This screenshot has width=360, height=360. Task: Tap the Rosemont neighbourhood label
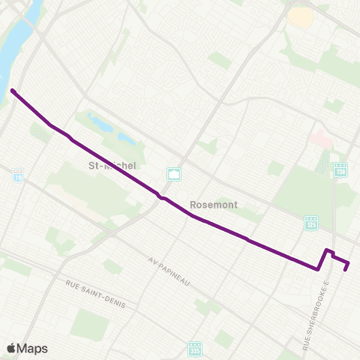(x=214, y=203)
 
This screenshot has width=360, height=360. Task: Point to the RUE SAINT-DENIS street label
(x=96, y=295)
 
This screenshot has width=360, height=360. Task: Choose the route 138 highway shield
(x=340, y=170)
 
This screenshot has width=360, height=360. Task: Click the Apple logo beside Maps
(x=11, y=348)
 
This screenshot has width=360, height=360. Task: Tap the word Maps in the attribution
(x=32, y=348)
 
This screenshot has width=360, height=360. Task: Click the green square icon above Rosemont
(x=175, y=175)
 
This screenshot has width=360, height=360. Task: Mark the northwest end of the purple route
(x=13, y=91)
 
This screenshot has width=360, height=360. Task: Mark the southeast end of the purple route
(x=346, y=269)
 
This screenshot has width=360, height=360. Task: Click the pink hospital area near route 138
(x=320, y=139)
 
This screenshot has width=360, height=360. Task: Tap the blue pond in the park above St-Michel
(x=105, y=124)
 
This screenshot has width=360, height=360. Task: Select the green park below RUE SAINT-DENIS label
(x=91, y=324)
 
